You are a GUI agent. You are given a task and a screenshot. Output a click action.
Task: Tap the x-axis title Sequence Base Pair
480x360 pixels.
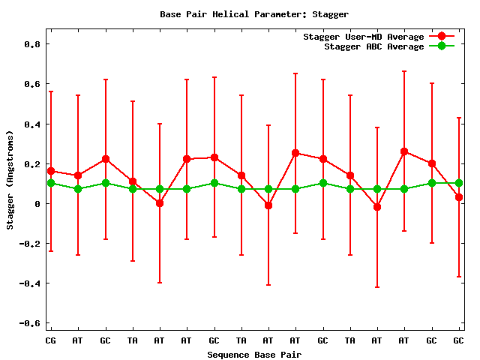coord(254,355)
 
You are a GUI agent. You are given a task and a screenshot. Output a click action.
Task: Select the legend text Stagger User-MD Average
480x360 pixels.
coord(363,37)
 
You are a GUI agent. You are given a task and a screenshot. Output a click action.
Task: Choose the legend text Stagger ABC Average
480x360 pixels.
coord(373,46)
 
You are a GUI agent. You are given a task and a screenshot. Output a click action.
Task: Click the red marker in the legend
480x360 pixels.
coord(442,36)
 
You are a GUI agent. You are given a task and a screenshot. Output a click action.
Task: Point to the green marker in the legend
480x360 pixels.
coord(442,46)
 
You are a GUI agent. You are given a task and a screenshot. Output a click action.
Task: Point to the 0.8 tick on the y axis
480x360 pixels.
coord(31,44)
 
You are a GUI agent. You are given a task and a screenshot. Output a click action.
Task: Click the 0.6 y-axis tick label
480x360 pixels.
coord(31,84)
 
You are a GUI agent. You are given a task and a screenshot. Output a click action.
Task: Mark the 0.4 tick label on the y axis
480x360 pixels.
coord(31,124)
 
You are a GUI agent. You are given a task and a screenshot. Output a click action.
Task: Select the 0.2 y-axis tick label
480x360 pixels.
coord(31,163)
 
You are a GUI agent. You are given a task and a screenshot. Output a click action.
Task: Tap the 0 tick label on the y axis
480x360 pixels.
coord(38,203)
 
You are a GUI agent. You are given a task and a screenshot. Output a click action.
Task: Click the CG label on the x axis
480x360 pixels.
coord(51,340)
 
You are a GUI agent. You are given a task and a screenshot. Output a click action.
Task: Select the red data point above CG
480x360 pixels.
coord(51,171)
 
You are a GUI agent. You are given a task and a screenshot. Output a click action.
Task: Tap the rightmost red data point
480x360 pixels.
coord(459,197)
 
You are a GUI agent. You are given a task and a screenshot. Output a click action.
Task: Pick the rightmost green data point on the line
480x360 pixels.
coord(459,183)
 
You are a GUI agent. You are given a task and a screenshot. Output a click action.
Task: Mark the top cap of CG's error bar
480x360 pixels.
coord(51,91)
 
